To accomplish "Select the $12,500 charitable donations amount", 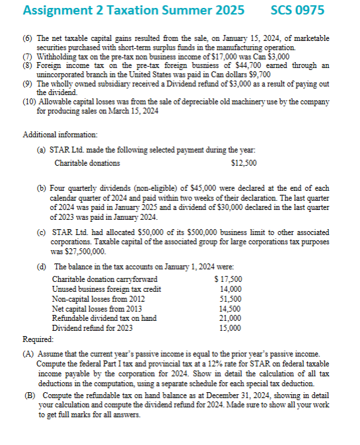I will coord(244,162).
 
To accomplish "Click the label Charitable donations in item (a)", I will coord(87,162).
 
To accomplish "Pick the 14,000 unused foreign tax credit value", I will coord(231,289).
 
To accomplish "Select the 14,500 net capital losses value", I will coord(231,308).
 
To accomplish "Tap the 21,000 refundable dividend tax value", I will coord(231,318).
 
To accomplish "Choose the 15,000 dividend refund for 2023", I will coord(231,327).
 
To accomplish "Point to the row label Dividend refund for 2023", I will coord(92,327).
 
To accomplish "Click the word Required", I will coord(38,338).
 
